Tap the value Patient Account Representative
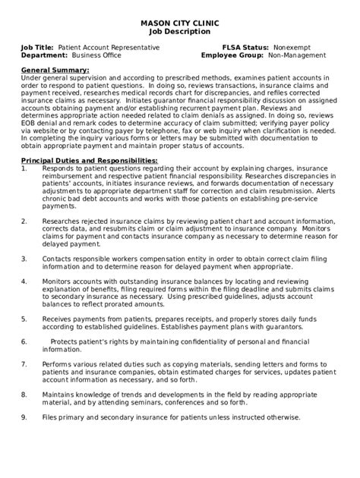[x=109, y=47]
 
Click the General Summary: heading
[x=52, y=70]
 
